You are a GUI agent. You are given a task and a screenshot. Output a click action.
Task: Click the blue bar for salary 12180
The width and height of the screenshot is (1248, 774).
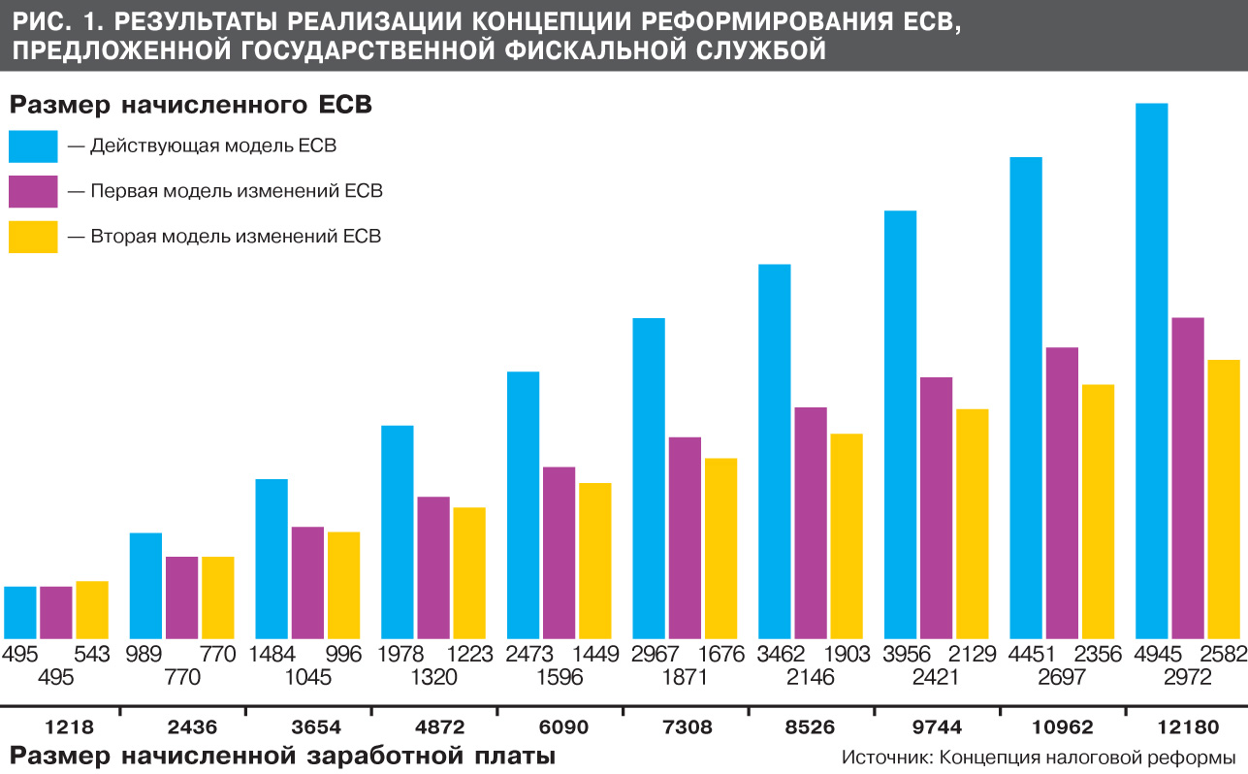point(1151,369)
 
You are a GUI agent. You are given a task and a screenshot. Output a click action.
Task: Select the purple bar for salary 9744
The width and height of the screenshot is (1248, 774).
point(936,505)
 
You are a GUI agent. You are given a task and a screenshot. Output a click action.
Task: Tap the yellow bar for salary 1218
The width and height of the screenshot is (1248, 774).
point(92,608)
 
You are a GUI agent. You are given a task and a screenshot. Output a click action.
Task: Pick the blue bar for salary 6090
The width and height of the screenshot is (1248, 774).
point(523,503)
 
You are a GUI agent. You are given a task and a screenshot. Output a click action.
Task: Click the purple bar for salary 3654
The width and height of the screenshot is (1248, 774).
point(307,581)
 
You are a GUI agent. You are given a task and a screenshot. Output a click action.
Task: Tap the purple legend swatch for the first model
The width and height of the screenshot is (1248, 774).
point(33,191)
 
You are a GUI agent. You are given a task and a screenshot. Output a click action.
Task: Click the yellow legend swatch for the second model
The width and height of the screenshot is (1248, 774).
point(33,236)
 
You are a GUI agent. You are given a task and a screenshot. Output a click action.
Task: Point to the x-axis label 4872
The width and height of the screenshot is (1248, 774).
point(433,726)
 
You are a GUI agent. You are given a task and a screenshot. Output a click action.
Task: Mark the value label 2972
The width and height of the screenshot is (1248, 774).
point(1188,677)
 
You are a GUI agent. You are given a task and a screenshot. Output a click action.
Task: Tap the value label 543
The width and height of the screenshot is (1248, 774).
point(90,654)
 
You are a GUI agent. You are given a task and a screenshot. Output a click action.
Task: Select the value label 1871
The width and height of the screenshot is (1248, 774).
point(685,677)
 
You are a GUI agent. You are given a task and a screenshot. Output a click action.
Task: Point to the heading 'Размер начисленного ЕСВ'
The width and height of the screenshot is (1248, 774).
point(191,104)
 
